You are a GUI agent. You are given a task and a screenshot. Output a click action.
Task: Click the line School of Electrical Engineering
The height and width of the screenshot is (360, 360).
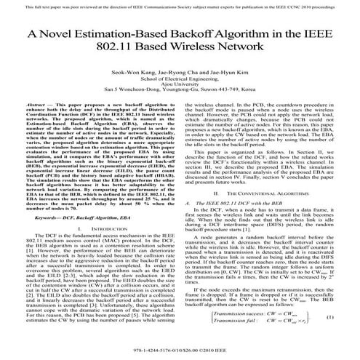180,82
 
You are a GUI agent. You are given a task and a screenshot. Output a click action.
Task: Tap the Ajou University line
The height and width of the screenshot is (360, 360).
180,89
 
